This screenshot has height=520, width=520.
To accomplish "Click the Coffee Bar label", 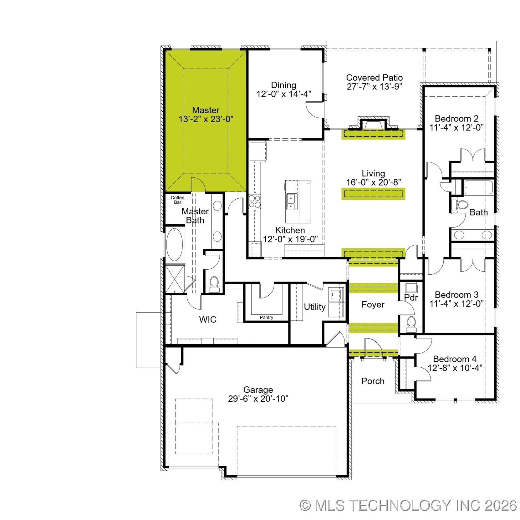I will (177, 200).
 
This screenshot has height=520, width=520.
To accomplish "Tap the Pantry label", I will (266, 317).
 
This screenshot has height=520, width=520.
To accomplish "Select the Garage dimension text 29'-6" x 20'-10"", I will (258, 399).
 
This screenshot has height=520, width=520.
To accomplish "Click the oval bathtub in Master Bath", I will (174, 245).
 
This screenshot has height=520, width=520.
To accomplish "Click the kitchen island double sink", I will (291, 202).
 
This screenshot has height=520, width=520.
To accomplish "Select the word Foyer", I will (373, 304).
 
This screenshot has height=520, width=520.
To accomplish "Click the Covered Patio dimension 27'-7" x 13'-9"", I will (374, 87).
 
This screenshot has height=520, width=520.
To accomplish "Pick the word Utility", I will (314, 307).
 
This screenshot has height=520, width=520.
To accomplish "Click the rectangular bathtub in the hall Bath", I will (478, 187).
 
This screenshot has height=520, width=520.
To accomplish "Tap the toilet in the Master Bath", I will (214, 283).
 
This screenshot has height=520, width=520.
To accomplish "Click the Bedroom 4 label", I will (455, 359).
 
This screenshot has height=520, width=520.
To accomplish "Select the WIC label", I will (207, 319).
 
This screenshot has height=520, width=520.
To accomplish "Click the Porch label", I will (373, 381).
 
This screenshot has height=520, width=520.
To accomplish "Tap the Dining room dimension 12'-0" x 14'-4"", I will (283, 94).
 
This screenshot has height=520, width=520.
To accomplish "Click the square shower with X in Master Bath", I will (174, 278).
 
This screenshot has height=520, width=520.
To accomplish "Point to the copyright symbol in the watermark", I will (305, 505).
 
